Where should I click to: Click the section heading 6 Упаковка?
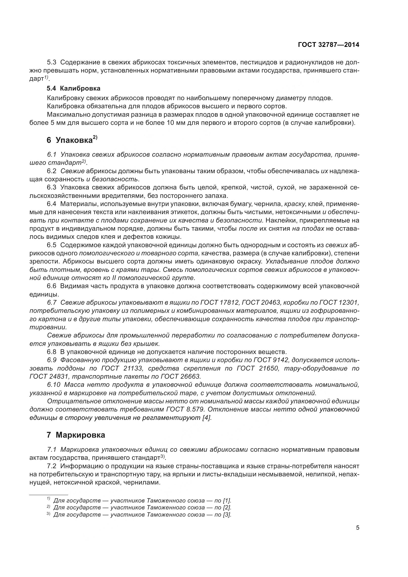(x=72, y=140)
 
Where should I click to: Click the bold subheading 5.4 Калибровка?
(x=74, y=89)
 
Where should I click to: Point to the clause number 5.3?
(x=52, y=62)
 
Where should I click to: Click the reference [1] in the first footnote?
(x=227, y=500)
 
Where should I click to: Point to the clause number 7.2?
(x=52, y=466)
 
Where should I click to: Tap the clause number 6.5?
(x=52, y=245)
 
